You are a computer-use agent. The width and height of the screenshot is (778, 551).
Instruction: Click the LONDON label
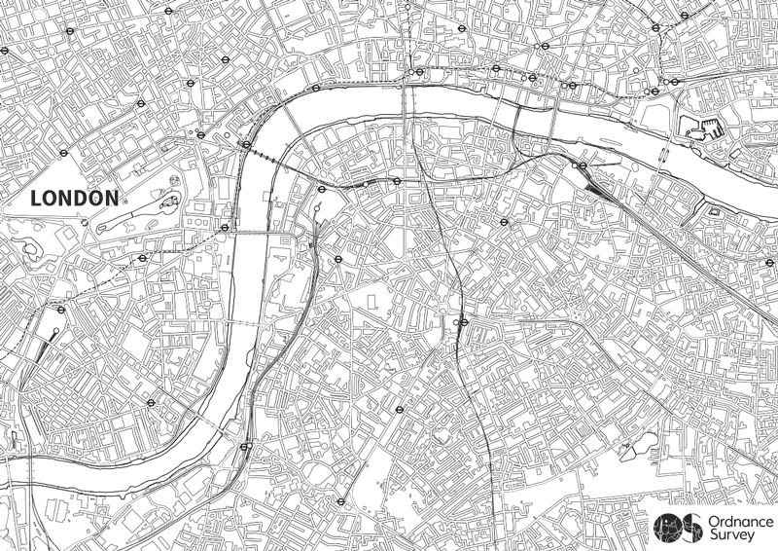tap(75, 198)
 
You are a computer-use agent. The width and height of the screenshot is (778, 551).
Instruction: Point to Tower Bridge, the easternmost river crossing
tap(665, 156)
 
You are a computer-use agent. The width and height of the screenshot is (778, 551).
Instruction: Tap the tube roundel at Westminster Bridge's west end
tap(225, 228)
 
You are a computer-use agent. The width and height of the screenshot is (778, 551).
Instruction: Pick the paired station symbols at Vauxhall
tap(245, 447)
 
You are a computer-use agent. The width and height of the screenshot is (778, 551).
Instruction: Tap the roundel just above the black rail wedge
tap(581, 166)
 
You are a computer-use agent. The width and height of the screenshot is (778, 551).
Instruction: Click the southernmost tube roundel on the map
tap(339, 502)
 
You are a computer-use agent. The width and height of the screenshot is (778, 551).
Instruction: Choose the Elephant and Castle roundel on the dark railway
tap(463, 322)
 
